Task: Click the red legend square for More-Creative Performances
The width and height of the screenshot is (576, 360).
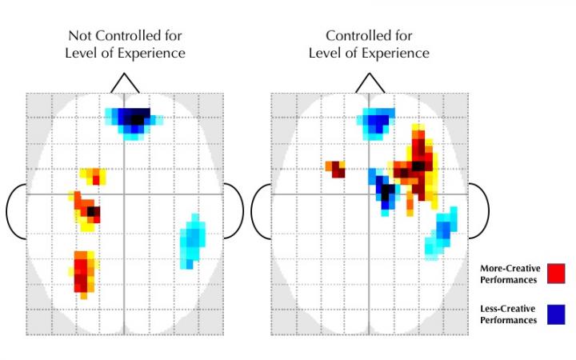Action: [556, 273]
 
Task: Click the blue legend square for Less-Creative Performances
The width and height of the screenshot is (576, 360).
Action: [556, 314]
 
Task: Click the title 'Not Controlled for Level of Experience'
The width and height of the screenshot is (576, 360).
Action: [126, 45]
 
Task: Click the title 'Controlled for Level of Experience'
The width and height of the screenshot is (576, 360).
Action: [369, 45]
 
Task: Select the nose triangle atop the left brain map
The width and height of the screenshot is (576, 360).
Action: [125, 83]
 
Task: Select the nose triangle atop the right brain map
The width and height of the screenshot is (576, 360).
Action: [369, 83]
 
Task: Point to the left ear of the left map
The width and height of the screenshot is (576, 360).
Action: [15, 211]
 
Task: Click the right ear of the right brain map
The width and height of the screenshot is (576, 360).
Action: [477, 211]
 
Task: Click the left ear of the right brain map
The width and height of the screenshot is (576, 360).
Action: [260, 211]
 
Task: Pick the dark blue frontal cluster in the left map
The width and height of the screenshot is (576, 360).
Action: [134, 120]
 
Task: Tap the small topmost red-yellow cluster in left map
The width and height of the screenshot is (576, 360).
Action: [94, 175]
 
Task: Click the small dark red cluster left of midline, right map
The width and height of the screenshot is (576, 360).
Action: [336, 169]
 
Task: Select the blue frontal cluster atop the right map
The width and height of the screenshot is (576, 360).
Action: [376, 122]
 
